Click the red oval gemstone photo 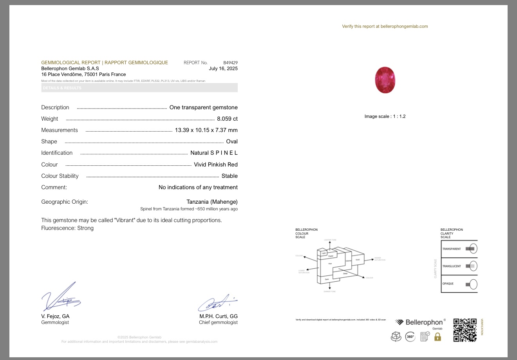tap(385, 80)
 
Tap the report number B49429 tap(230, 63)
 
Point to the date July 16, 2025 tap(223, 69)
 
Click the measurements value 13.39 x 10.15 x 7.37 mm tap(206, 130)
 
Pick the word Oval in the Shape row tap(232, 141)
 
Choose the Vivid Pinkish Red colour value tap(216, 165)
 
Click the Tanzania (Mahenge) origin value tap(212, 202)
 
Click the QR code tap(465, 330)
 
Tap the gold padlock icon tap(437, 336)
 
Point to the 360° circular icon tap(410, 336)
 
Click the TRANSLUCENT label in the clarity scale tap(452, 266)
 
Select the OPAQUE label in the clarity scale tap(448, 284)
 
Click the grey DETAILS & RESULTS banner tap(139, 88)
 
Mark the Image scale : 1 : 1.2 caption tap(385, 116)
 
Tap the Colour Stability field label tap(60, 176)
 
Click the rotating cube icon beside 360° tap(396, 336)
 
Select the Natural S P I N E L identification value tap(214, 153)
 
